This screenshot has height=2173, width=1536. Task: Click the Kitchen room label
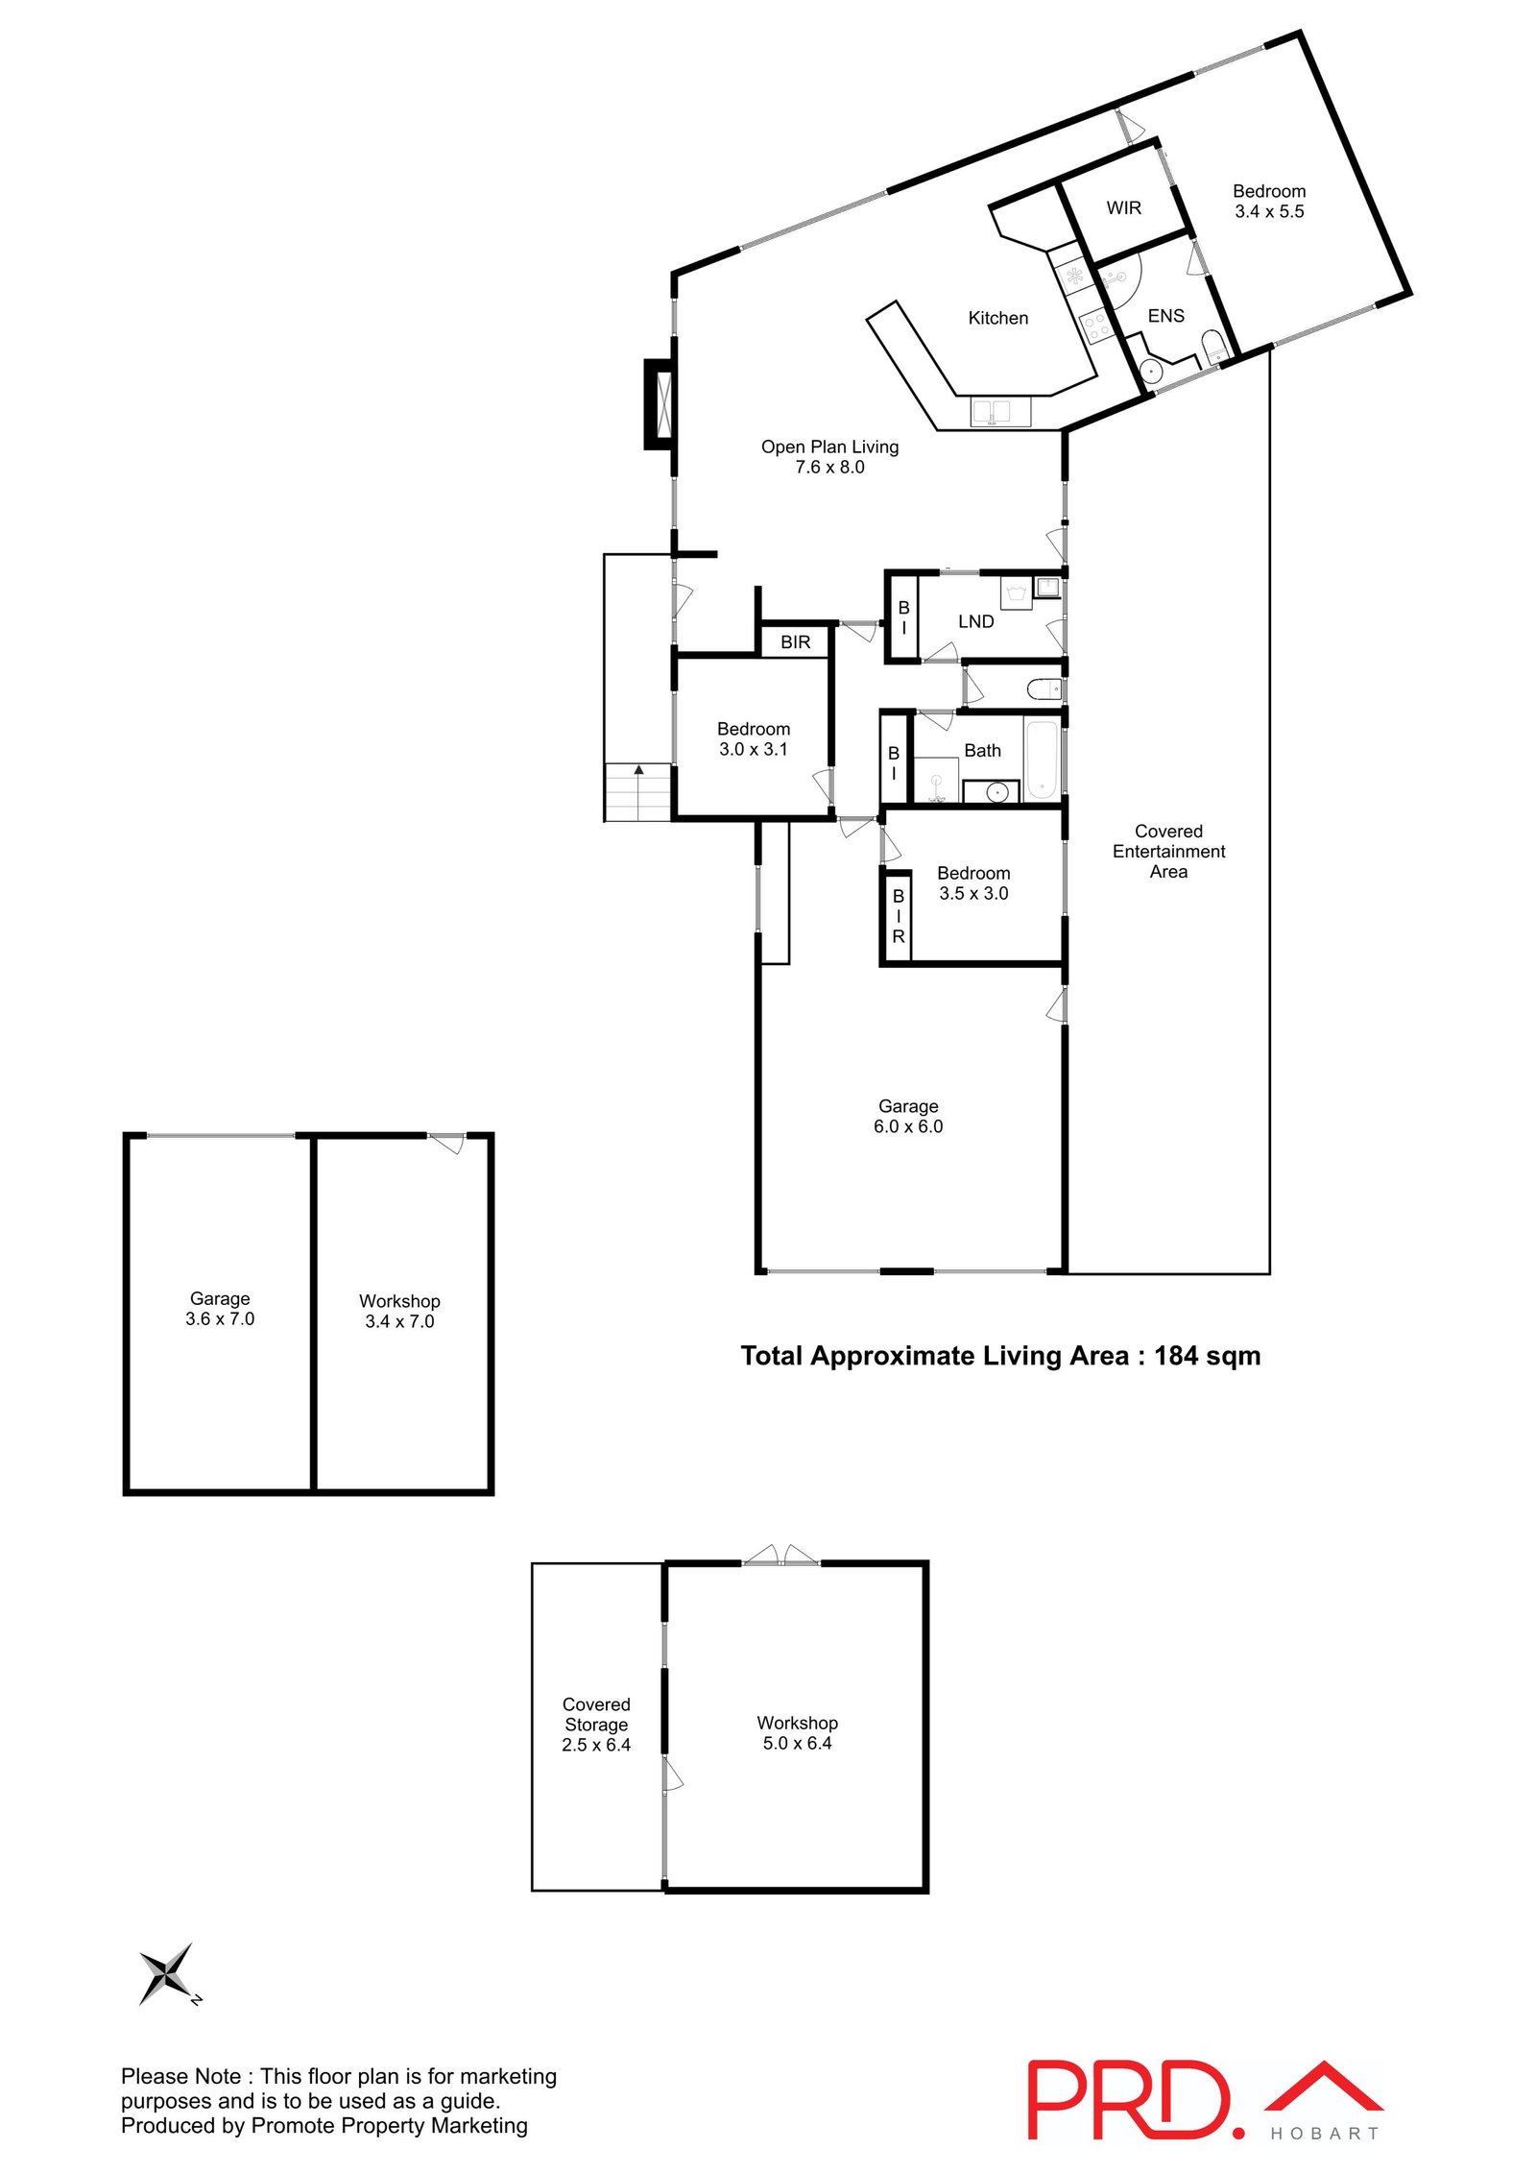997,318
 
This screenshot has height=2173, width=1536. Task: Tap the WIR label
1123,207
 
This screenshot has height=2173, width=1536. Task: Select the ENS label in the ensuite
1165,316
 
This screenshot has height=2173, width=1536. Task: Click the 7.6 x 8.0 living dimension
829,468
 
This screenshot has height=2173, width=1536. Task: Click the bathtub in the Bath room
1042,761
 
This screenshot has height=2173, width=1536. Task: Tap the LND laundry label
975,621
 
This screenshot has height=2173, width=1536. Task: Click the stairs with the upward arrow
638,791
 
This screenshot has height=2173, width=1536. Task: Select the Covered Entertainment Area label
1168,851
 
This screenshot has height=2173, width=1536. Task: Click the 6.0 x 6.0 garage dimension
907,1126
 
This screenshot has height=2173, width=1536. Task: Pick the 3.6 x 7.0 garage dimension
220,1319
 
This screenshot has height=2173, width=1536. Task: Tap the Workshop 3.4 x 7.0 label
399,1311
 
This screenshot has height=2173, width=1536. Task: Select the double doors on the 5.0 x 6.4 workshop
780,1555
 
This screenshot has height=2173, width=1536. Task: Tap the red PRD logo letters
1128,2100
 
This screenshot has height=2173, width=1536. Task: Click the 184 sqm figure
1207,1356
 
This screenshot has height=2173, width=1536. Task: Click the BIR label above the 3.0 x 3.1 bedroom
795,642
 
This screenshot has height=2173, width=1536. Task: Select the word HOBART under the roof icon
1325,2134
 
